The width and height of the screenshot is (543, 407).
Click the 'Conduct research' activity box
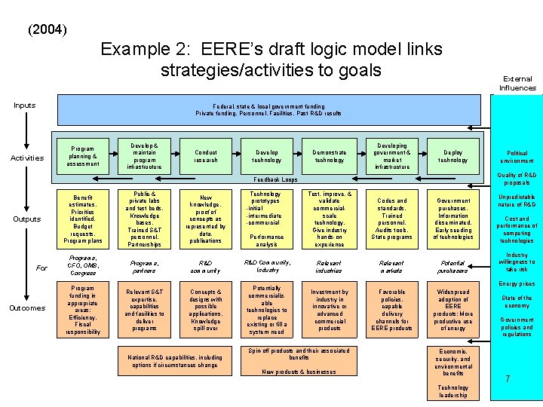coord(206,156)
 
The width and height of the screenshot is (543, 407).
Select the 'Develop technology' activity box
coord(267,156)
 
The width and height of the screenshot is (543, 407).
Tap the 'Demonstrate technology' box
coord(329,156)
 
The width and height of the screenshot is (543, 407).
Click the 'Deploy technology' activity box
coord(452,156)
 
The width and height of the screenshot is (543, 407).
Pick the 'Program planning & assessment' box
coord(83,156)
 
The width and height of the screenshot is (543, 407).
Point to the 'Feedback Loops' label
coord(275,179)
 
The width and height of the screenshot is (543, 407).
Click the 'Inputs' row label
coord(25,106)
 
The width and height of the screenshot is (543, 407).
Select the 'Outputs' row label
coord(26,219)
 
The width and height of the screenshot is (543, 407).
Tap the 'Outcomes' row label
coord(27,308)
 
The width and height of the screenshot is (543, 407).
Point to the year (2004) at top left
coord(47,31)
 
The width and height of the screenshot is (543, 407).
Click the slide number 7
coord(508,379)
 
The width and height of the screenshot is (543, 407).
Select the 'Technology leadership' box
coord(452,391)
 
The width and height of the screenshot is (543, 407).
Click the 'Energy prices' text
coord(517,284)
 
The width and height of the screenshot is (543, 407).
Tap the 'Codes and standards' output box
coord(391,219)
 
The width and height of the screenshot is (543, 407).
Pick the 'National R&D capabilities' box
coord(175,361)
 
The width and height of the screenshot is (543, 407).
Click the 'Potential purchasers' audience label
coord(452,265)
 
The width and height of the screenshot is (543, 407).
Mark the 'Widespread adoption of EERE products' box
coord(452,309)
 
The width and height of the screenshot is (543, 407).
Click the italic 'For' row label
coord(41,268)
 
